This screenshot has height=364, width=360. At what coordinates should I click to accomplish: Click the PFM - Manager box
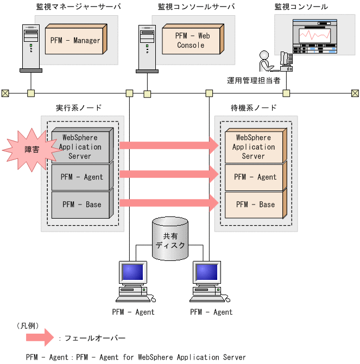point(75,40)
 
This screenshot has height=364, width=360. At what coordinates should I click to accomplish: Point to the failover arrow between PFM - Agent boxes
point(168,174)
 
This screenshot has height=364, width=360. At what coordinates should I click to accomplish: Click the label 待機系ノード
point(254,108)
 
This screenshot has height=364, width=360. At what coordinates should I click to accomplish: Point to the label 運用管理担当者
point(254,81)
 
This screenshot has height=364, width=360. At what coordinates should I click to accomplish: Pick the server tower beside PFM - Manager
point(31,48)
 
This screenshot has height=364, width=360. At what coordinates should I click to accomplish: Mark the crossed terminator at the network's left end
point(5,93)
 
